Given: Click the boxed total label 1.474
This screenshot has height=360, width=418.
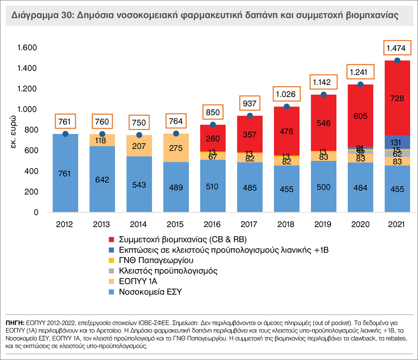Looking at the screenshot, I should tap(396, 48).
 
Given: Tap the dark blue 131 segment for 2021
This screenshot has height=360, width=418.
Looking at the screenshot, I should tap(397, 142).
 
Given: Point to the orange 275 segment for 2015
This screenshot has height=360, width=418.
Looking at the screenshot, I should tap(176, 148).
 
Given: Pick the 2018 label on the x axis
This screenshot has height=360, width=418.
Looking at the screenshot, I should tap(286, 224).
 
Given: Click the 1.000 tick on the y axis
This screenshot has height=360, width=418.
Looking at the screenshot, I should tap(27, 109).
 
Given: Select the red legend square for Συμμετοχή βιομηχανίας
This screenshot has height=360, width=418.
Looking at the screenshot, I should tap(112, 240).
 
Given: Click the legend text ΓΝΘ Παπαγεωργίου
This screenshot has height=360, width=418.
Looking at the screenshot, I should tap(156, 260).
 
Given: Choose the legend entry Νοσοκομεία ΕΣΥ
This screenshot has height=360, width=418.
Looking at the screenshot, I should tap(150, 292).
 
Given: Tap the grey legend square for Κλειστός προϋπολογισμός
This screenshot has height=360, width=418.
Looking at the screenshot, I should tap(112, 271).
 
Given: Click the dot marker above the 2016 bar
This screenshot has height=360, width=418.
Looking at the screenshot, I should tap(213, 125).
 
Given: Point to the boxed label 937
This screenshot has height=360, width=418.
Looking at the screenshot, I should tap(249, 103).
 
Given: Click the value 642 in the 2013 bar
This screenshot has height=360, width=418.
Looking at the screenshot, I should tap(102, 180).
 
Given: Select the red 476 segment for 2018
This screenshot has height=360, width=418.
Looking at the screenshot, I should tap(287, 131).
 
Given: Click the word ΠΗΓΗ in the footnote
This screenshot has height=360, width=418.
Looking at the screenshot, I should tap(15, 323).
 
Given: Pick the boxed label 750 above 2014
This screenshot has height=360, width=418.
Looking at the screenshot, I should tap(139, 122).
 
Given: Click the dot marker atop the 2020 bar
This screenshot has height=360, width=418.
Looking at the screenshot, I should tap(360, 84).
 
